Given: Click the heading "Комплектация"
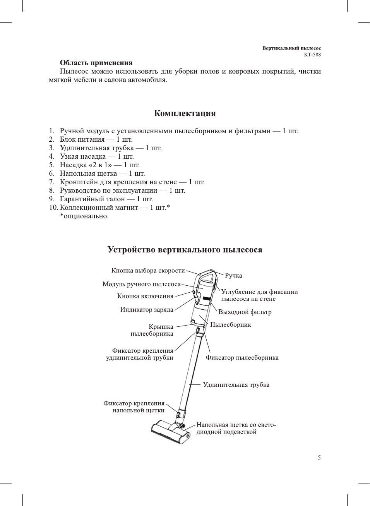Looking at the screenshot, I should tap(185, 113).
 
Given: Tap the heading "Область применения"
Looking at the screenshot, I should tap(96, 63).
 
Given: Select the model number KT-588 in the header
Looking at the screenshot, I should tap(312, 55).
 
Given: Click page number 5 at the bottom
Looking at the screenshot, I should tap(319, 458).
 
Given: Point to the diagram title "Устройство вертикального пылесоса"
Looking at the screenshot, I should tap(185, 250).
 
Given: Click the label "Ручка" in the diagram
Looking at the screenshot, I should tap(233, 276).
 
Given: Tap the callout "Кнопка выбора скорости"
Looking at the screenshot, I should tap(148, 271).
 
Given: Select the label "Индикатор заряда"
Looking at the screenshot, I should tap(146, 310).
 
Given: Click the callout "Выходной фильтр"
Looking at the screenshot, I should tap(245, 312).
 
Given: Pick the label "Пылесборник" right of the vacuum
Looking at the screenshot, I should tap(230, 325).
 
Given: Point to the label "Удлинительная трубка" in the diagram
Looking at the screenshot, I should tap(236, 385).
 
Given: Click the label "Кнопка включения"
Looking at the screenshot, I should tap(145, 296).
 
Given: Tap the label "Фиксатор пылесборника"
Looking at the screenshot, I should tap(242, 358).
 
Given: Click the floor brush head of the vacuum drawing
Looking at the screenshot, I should tap(169, 433).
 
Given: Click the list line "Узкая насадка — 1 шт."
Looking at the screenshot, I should tap(96, 156).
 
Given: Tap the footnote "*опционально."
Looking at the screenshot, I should tap(84, 216).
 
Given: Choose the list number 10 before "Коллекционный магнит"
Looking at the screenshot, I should tap(53, 208).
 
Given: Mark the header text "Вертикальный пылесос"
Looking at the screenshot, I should tap(291, 48).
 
